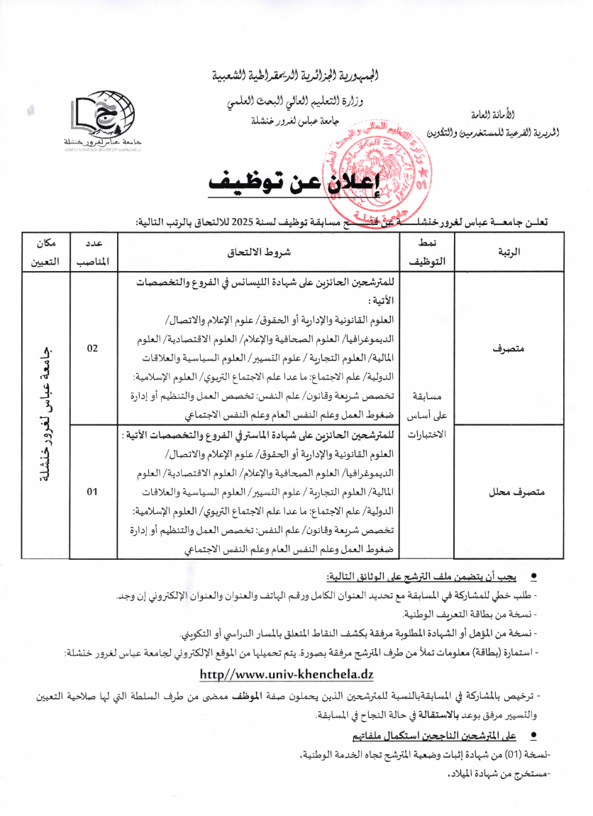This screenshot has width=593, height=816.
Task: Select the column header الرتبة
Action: [x=509, y=252]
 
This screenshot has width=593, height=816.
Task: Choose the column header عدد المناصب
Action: [x=92, y=252]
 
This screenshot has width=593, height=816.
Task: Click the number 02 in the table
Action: [x=92, y=348]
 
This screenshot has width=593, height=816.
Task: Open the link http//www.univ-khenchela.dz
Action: [x=287, y=673]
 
